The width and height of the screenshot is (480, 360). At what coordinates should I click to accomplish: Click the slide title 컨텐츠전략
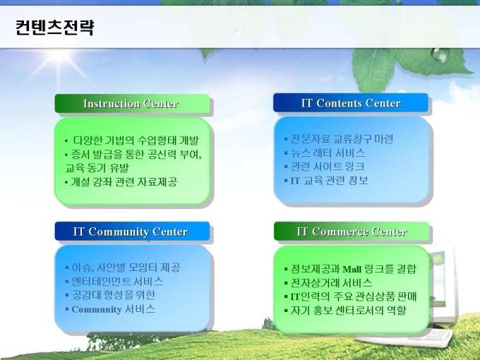point(55,28)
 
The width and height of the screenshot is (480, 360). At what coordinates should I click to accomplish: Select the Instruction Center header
point(131,104)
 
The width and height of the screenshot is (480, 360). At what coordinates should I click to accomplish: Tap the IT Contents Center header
point(351,103)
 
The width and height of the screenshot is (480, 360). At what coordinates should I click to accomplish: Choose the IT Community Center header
point(131,232)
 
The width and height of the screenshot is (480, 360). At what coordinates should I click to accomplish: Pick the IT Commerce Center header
point(352,232)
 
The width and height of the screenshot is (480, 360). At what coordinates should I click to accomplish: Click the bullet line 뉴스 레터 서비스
point(328,152)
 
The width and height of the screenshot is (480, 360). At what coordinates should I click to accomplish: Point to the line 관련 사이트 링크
point(328,166)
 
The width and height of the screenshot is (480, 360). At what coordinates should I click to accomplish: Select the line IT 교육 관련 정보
point(329,180)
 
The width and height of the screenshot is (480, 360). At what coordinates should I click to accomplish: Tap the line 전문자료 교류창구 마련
point(342,139)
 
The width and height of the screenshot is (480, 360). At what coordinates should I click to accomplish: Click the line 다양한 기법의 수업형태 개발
point(136,140)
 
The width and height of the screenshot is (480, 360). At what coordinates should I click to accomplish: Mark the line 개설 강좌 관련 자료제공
point(124,182)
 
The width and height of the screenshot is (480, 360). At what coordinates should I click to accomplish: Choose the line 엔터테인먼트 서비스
point(117,281)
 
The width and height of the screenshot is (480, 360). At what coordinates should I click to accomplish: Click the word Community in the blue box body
point(97,309)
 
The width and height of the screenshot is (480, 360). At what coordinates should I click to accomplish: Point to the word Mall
point(352,270)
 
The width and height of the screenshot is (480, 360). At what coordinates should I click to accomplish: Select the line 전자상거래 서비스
point(332,282)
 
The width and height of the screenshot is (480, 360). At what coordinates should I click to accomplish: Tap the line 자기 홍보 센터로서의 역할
point(349,310)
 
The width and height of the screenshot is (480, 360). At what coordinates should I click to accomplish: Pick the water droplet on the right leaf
point(440,54)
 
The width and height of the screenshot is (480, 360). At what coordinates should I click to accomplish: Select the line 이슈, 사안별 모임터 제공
point(126,268)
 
